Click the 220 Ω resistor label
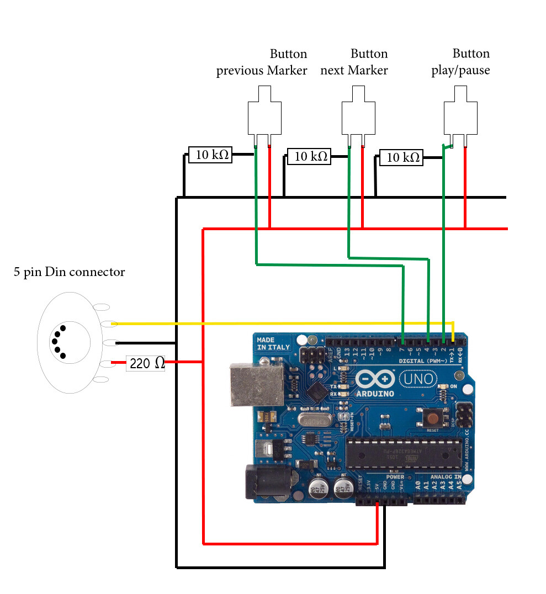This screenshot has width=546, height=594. (146, 363)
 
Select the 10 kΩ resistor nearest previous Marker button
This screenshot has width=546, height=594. (210, 155)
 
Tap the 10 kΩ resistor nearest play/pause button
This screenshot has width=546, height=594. (401, 158)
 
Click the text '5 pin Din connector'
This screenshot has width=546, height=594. (70, 272)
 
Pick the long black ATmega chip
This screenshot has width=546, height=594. (403, 450)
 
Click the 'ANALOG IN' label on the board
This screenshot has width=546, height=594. (446, 477)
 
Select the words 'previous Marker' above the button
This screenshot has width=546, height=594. (261, 71)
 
